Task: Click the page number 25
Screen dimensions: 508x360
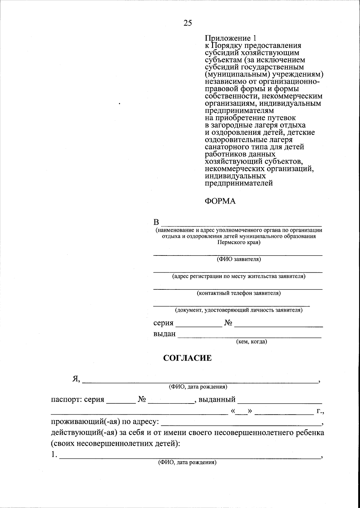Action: (x=187, y=23)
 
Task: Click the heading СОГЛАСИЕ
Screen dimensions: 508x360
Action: (x=187, y=358)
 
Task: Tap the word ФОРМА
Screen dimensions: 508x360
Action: (x=220, y=201)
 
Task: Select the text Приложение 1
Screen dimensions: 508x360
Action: (x=231, y=38)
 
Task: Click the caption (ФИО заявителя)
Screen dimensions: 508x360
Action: (x=239, y=259)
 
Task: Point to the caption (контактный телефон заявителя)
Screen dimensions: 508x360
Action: (x=239, y=293)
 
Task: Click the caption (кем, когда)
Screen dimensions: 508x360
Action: (x=251, y=341)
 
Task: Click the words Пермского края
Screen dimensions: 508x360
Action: (x=239, y=243)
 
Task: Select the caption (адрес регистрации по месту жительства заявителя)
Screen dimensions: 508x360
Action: (x=239, y=276)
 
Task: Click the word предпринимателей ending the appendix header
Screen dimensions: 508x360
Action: (x=239, y=183)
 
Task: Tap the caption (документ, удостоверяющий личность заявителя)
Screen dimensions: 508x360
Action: (x=239, y=310)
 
